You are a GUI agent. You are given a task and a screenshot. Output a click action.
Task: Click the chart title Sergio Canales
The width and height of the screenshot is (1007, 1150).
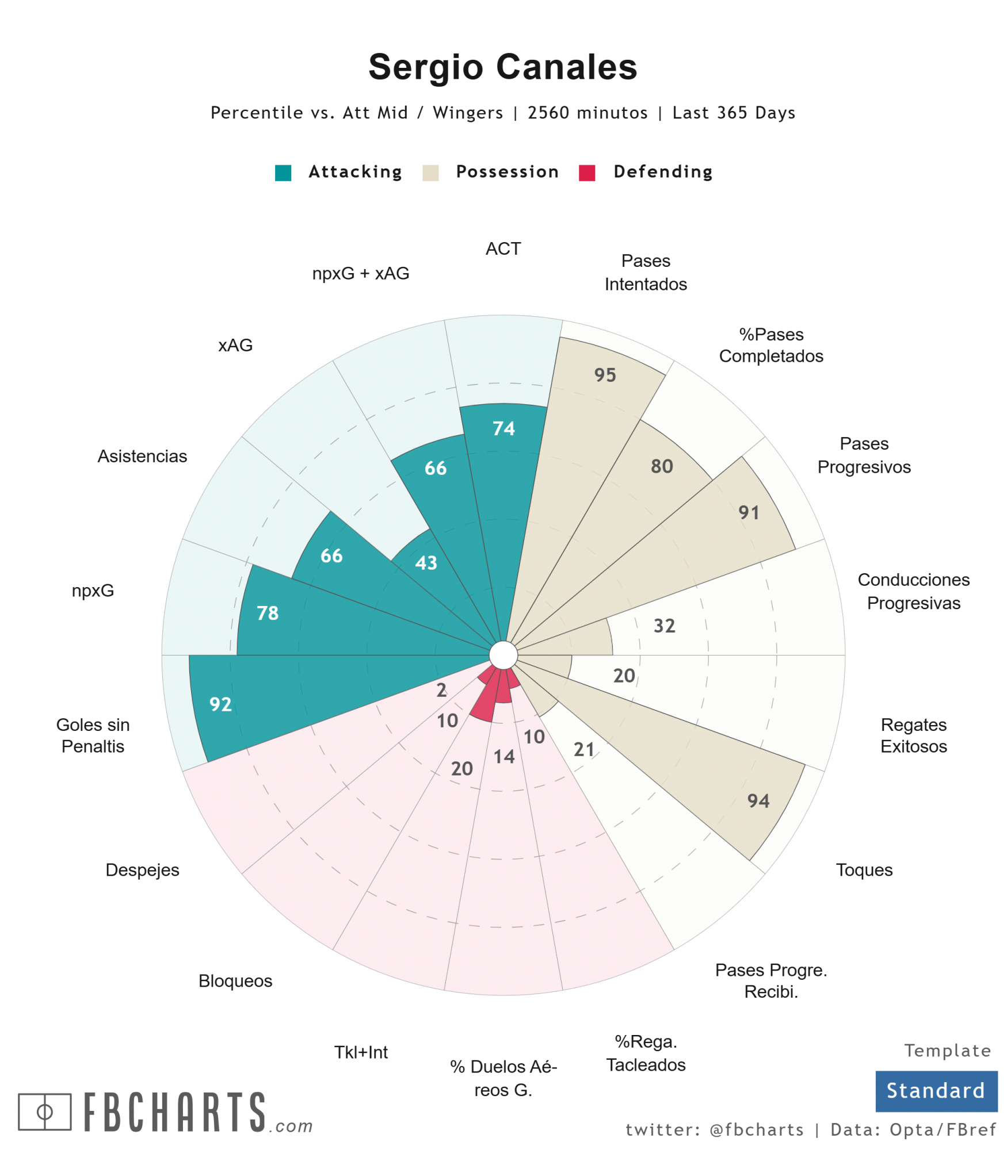coord(502,67)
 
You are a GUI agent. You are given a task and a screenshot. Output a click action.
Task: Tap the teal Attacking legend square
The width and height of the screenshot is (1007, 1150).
coord(283,172)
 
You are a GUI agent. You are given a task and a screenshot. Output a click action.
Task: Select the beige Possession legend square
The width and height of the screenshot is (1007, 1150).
coord(430,172)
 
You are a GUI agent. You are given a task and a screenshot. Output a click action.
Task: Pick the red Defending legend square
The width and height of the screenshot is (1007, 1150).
coord(586,172)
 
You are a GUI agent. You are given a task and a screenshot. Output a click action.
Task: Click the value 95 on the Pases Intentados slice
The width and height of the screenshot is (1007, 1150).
coord(605,375)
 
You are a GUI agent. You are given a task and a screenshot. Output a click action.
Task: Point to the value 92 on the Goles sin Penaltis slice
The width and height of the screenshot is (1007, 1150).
coord(220,704)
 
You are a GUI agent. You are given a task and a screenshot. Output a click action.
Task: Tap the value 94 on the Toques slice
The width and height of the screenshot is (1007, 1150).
coord(758,800)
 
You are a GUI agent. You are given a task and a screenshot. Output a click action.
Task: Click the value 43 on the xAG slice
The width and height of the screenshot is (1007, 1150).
coord(426,562)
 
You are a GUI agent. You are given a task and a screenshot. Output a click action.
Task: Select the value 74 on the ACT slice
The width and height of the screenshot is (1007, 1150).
coord(503,428)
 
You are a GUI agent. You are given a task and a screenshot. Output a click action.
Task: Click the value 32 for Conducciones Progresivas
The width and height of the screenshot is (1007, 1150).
coord(664,626)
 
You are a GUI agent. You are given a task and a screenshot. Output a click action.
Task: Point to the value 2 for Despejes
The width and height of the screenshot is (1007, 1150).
coord(441,689)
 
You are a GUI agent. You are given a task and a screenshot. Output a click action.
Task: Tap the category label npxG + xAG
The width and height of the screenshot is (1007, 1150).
coord(360,273)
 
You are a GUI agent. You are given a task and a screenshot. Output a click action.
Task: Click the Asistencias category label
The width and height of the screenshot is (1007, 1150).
coord(142,456)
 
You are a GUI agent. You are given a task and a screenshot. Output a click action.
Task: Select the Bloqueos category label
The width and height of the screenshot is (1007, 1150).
coord(235,980)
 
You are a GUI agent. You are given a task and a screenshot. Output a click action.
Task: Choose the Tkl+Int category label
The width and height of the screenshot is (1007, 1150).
coord(361,1052)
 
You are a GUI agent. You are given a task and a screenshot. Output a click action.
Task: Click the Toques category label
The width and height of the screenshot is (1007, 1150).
coord(864,869)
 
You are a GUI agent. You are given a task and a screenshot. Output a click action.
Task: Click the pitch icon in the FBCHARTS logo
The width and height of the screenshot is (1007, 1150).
coord(45,1111)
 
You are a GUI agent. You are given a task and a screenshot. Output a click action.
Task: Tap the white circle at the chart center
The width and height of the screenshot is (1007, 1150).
coord(503,655)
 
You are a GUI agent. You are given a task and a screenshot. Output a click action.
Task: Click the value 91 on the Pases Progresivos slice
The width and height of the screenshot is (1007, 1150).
coord(749,512)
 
